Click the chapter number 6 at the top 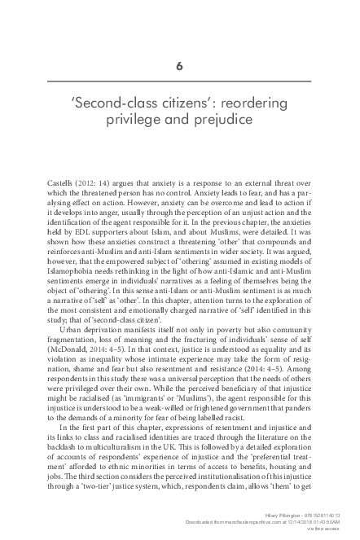tap(180, 68)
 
